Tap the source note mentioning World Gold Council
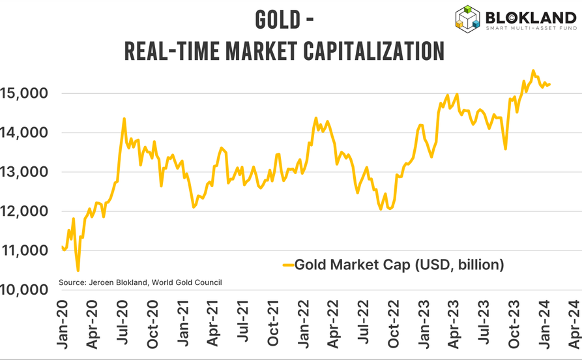click(x=140, y=282)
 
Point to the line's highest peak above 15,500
click(x=533, y=70)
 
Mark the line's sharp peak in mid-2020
click(x=124, y=119)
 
